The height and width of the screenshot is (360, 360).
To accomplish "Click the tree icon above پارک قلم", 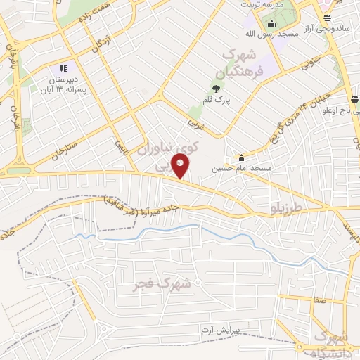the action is tap(216, 89).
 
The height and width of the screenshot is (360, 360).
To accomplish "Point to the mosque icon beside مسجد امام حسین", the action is tap(242, 157).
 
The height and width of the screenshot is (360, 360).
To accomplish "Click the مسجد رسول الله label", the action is tap(267, 33).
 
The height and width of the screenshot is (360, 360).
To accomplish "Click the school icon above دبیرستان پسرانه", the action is tap(63, 68).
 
